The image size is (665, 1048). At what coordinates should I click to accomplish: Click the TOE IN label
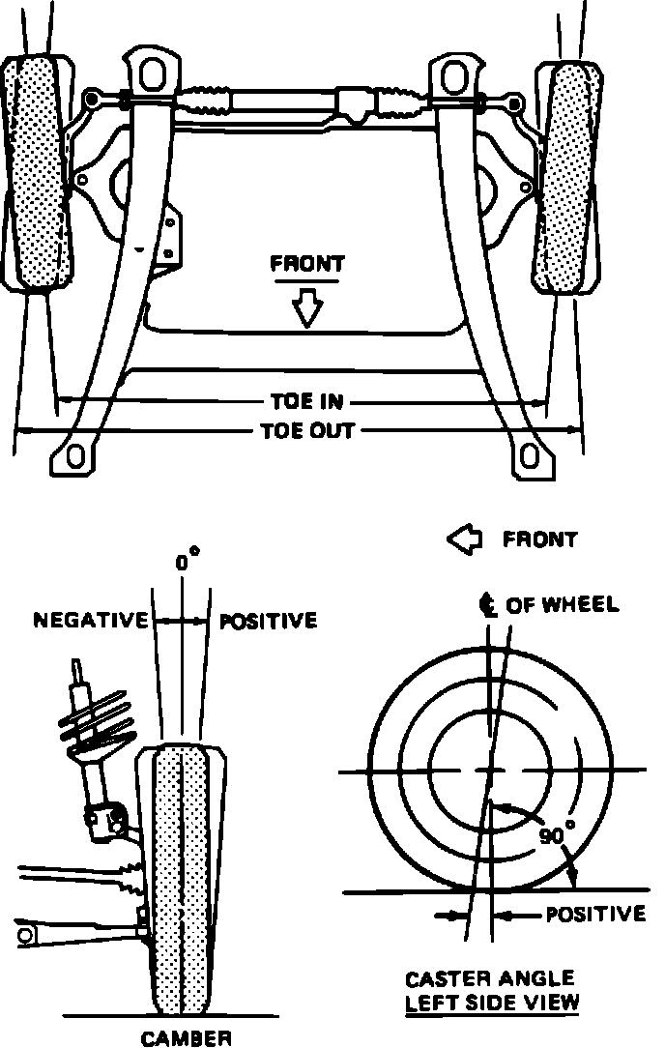[305, 401]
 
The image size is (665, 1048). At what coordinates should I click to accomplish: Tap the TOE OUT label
[307, 430]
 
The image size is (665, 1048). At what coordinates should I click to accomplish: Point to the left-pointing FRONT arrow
[463, 539]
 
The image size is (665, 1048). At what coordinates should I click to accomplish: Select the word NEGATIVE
[91, 620]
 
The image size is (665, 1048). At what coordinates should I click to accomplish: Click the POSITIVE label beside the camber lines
[269, 620]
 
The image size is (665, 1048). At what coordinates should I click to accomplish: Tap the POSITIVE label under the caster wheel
[595, 914]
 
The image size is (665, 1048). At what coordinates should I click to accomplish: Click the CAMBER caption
[187, 1039]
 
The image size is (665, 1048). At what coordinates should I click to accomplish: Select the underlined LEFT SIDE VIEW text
[492, 1003]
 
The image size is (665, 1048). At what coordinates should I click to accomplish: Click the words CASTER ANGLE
[490, 979]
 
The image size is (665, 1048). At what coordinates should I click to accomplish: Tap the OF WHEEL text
[563, 605]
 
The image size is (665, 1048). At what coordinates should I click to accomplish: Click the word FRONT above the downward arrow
[307, 263]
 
